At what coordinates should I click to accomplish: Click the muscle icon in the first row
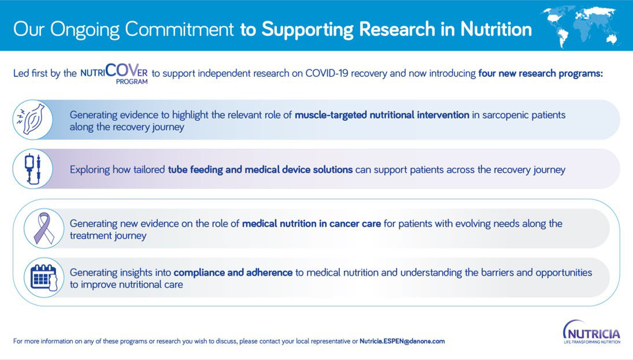click(x=32, y=120)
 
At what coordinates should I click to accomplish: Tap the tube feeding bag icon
click(x=32, y=169)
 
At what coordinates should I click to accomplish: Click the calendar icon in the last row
click(x=43, y=277)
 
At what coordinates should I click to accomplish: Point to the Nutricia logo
click(x=591, y=332)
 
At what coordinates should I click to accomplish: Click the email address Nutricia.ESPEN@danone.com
click(x=402, y=341)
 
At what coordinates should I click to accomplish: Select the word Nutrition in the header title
click(x=496, y=29)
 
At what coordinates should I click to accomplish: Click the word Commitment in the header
click(x=179, y=29)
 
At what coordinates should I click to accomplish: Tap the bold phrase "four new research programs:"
click(x=541, y=73)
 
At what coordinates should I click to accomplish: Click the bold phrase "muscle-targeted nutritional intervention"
click(x=382, y=115)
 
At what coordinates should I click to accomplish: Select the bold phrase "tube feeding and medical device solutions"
click(x=260, y=169)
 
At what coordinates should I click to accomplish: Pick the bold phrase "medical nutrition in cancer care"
click(x=311, y=224)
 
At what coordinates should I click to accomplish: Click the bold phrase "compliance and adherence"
click(x=233, y=272)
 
